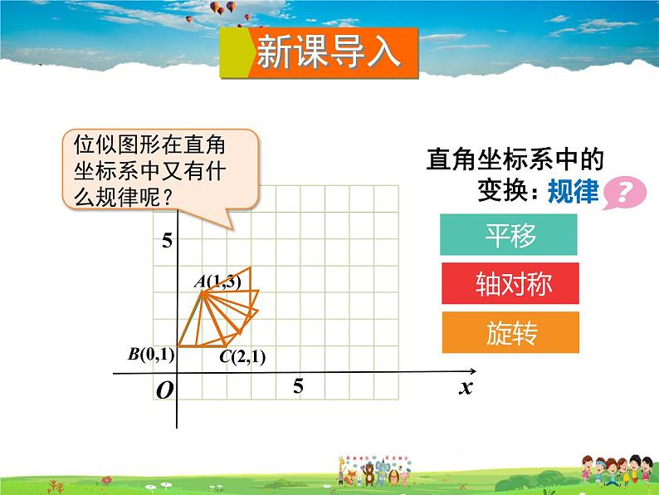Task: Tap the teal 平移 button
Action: click(510, 236)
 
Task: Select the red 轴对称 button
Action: click(510, 285)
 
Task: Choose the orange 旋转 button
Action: click(510, 333)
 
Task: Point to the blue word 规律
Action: click(574, 192)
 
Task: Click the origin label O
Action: click(164, 390)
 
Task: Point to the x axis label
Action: click(466, 387)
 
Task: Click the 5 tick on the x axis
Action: click(298, 386)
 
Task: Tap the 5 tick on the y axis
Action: click(167, 242)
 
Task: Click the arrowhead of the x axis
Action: click(471, 371)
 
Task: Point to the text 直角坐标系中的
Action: click(515, 159)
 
